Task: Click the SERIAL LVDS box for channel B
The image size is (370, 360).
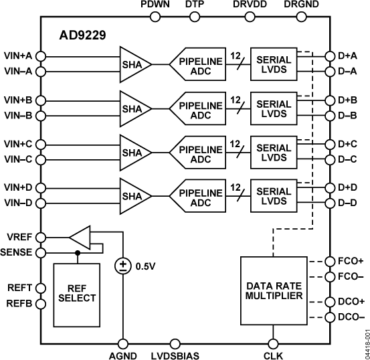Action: coord(274,108)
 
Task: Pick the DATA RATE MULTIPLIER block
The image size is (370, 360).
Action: coord(273,290)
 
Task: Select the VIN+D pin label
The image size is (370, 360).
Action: coord(18,187)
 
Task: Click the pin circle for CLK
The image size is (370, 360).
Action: coord(274,342)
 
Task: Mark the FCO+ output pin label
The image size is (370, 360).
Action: coord(350,260)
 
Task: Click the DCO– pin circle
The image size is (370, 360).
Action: coord(329,317)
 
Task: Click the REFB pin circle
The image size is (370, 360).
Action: coord(40,304)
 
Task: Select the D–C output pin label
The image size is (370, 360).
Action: coord(348,159)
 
